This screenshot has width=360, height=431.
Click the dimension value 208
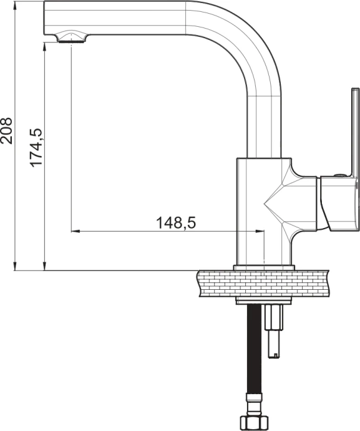click(x=6, y=131)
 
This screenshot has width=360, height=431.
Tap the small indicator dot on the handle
click(x=339, y=176)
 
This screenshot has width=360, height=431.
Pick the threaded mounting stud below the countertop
click(x=273, y=331)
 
